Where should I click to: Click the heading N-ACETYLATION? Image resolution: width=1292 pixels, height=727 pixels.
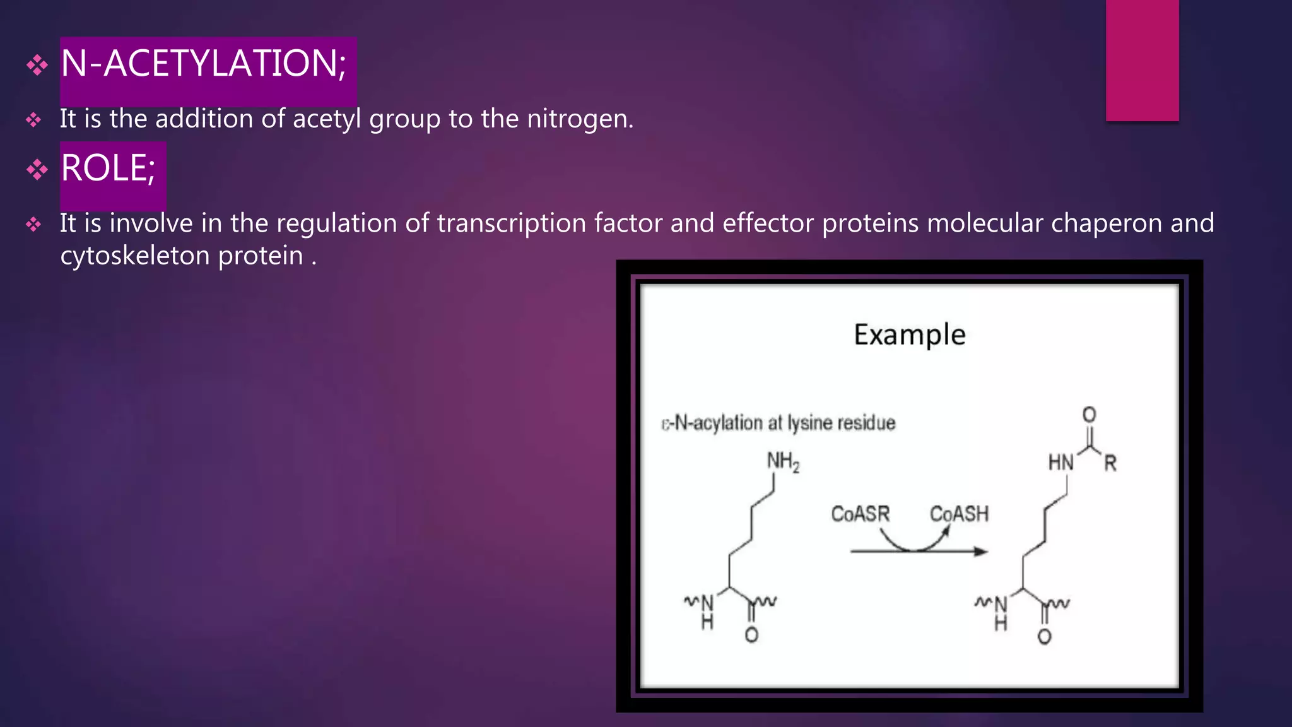tap(203, 64)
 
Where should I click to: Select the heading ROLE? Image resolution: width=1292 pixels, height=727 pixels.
tap(108, 168)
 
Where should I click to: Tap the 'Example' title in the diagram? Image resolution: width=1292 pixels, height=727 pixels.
tap(909, 334)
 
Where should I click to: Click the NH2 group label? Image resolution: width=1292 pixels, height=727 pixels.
tap(782, 461)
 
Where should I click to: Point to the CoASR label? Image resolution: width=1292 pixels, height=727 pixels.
tap(860, 514)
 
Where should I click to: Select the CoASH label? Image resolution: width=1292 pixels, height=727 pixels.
tap(959, 514)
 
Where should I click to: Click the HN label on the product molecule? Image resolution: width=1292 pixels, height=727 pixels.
tap(1060, 463)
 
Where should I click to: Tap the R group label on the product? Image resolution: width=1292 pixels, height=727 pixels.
tap(1110, 463)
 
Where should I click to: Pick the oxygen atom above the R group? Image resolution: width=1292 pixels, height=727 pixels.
tap(1089, 415)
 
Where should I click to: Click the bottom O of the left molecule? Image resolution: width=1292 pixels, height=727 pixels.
tap(751, 635)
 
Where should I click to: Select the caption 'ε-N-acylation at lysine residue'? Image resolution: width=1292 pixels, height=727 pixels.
tap(778, 423)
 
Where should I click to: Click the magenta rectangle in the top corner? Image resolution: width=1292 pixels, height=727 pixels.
tap(1142, 60)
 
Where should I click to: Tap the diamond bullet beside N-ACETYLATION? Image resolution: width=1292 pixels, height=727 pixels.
tap(37, 65)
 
